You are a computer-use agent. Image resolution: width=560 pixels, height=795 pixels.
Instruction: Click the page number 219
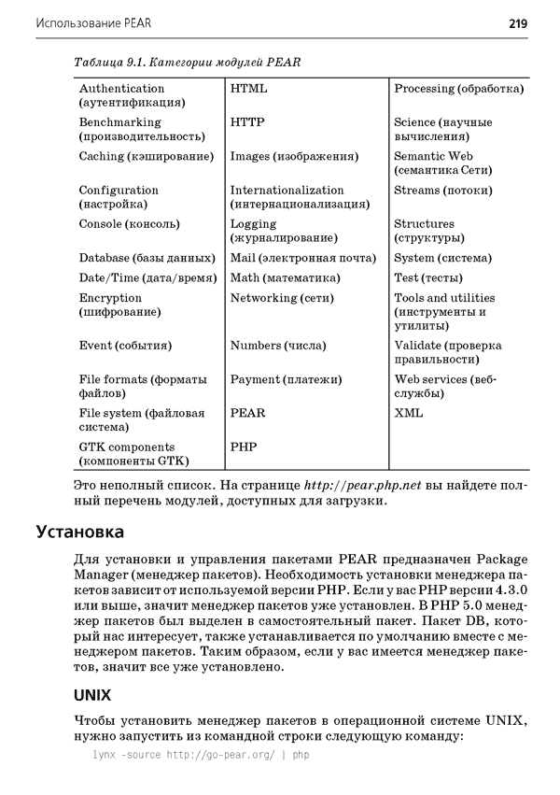[x=518, y=22]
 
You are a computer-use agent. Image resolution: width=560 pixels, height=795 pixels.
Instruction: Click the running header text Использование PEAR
[x=93, y=22]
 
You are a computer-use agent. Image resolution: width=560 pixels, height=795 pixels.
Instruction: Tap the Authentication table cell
[x=131, y=94]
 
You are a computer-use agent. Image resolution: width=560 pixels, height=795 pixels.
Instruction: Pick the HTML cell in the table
[x=248, y=89]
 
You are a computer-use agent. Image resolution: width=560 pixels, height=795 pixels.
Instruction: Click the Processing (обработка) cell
[x=458, y=89]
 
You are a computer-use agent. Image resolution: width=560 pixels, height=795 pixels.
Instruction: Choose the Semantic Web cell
[x=442, y=163]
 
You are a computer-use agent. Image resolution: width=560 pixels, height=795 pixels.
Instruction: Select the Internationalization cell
[x=300, y=196]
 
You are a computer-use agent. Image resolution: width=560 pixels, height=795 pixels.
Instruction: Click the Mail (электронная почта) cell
[x=302, y=258]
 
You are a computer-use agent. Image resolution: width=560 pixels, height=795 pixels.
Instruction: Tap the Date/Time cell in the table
[x=147, y=277]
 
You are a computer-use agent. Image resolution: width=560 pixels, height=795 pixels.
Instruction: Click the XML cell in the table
[x=408, y=413]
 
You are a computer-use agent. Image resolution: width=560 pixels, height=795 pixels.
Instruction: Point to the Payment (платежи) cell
[x=286, y=379]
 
